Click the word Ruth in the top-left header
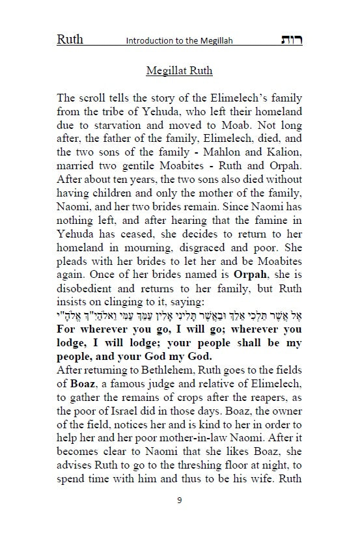point(70,39)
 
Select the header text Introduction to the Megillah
point(179,41)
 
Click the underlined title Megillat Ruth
point(180,71)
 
